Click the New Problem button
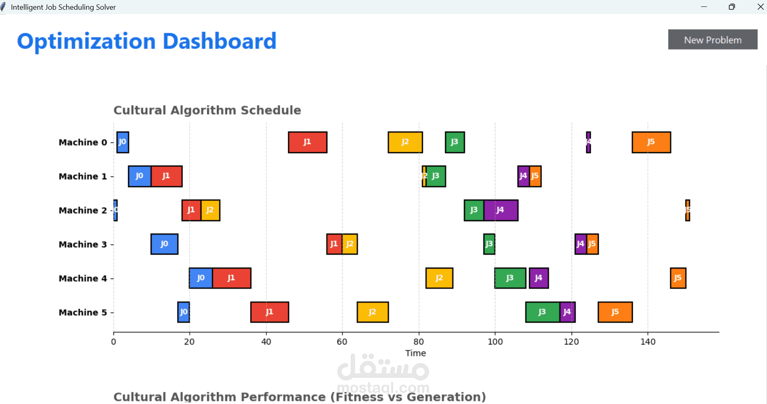pos(712,40)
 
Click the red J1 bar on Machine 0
pos(307,142)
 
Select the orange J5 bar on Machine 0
pos(651,142)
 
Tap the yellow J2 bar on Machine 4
pos(439,278)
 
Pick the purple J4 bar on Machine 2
pos(501,210)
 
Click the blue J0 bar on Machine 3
pos(164,244)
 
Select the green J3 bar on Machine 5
pos(542,312)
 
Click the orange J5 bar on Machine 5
pos(615,312)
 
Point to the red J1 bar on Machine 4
pos(231,278)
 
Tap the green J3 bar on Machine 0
pos(454,142)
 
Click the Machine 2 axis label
pos(83,211)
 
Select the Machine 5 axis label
pos(83,313)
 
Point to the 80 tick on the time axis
pos(419,342)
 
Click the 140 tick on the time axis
pos(648,342)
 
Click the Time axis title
pos(416,353)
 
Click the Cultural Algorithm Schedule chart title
pos(207,110)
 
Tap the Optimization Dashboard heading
pos(147,41)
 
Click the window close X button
pos(760,7)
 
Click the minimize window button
pos(704,7)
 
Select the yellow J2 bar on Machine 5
pos(373,312)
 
